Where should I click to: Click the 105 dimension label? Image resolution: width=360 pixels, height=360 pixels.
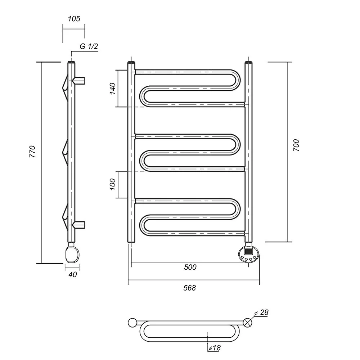tap(74, 19)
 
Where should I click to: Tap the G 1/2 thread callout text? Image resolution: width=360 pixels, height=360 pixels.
tap(89, 46)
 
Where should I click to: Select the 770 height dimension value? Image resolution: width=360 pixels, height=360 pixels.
tap(33, 152)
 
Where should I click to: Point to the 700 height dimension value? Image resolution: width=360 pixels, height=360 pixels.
tap(296, 145)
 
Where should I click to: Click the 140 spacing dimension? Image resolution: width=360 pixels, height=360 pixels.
tap(113, 89)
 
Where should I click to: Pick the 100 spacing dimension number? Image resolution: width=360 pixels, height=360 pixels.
tap(113, 184)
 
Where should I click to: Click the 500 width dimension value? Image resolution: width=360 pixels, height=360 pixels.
tap(190, 267)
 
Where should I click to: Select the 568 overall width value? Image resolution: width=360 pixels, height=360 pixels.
tap(190, 288)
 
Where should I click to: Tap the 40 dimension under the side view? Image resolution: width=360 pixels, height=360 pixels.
tap(73, 274)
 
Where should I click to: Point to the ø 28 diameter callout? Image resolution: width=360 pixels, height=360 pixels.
tap(261, 312)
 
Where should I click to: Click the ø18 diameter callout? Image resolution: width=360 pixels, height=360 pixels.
tap(215, 348)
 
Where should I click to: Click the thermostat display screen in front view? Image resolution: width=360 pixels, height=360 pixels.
tap(248, 251)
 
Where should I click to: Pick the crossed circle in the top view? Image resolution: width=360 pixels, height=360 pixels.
tap(248, 323)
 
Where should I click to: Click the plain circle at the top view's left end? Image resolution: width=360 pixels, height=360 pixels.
tap(132, 323)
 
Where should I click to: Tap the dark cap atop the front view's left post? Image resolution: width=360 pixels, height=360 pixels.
tap(131, 62)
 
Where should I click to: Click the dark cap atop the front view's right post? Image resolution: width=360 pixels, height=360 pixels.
tap(249, 62)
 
